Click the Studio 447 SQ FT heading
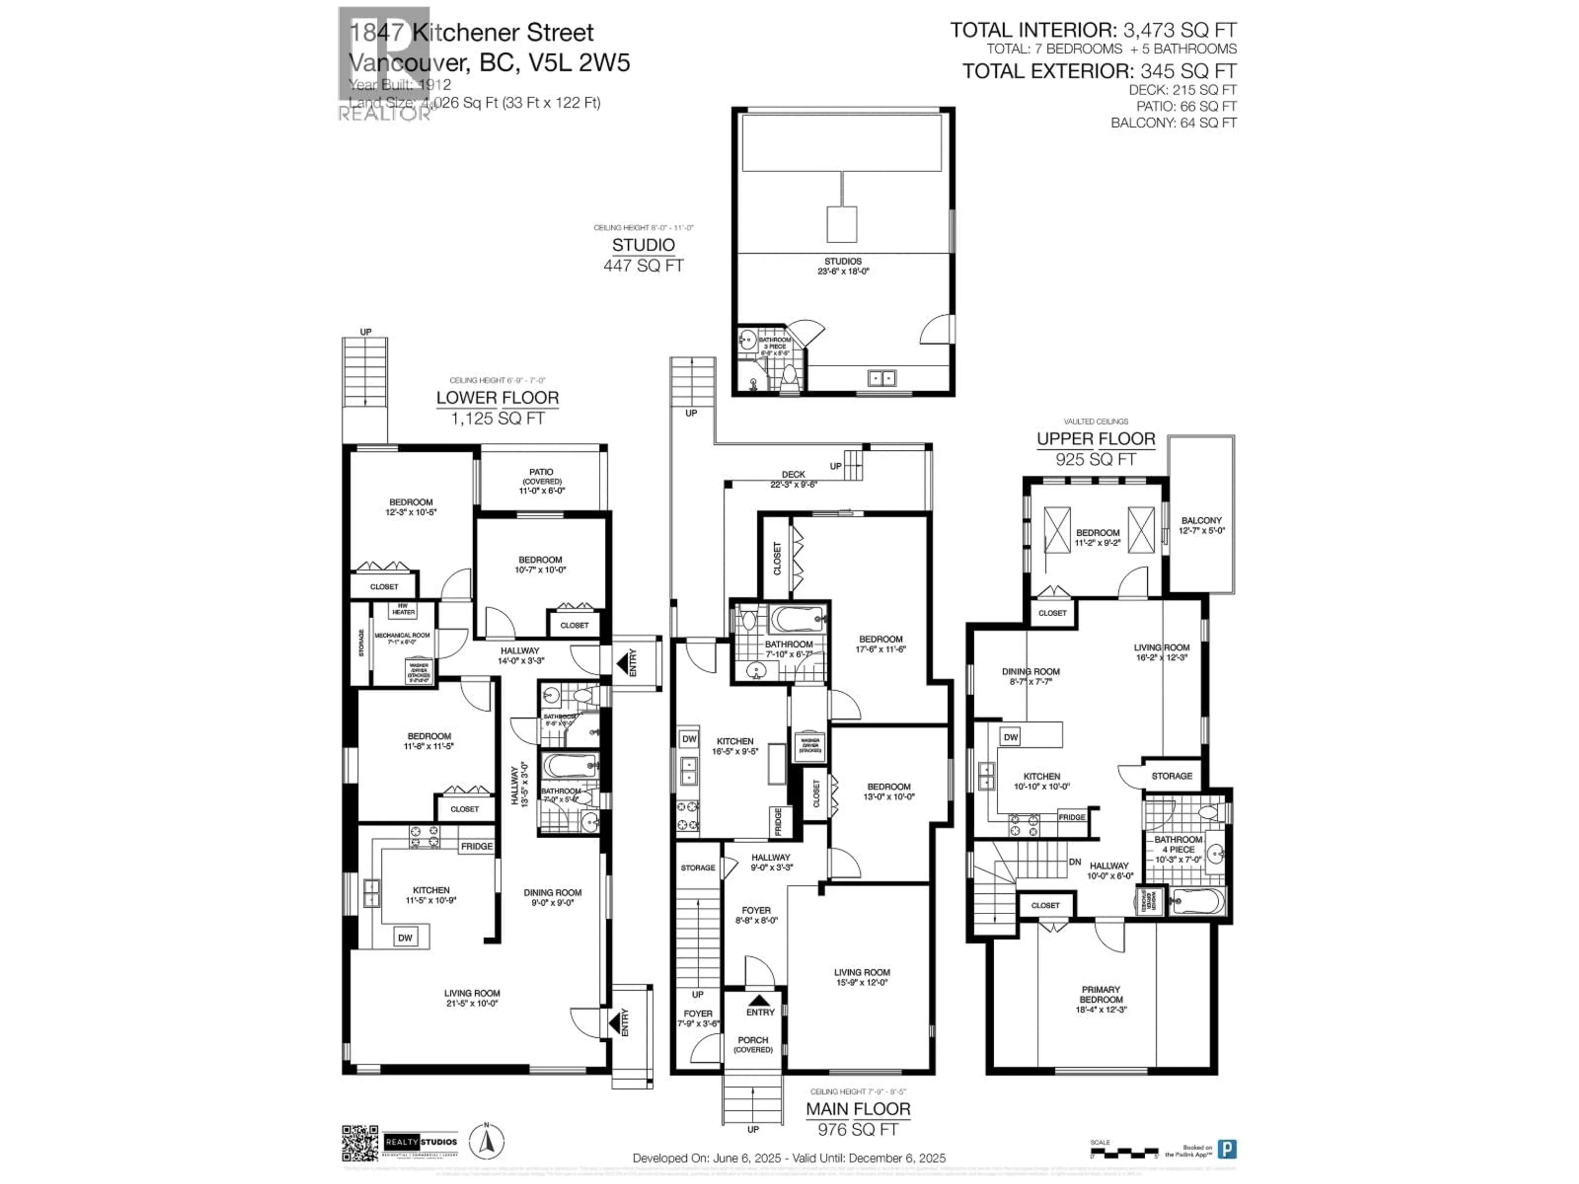643,255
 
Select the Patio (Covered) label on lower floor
541,481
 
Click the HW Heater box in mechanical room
403,609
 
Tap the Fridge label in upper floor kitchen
1072,817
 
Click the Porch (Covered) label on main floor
753,1045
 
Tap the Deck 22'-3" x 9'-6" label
793,479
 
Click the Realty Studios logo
420,1142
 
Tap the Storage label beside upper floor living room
1172,776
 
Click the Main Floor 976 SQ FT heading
858,1118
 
